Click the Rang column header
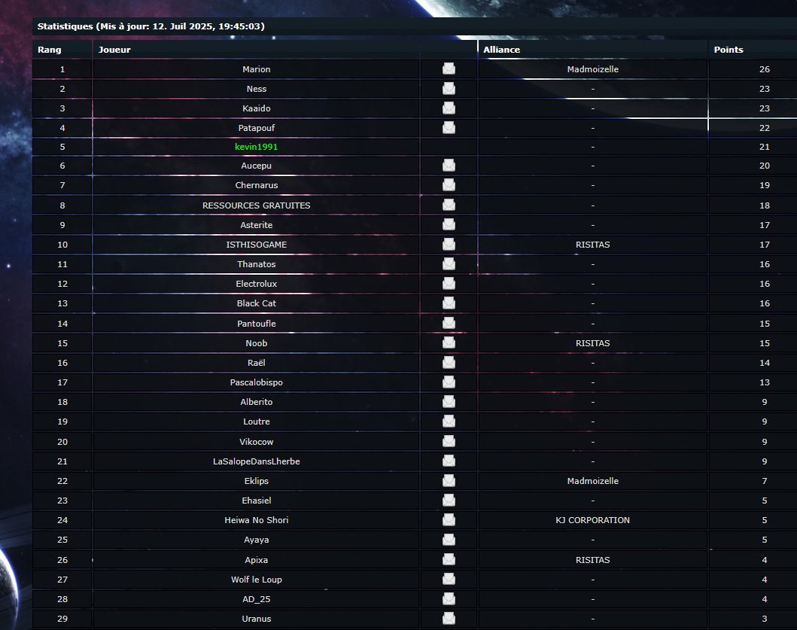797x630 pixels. point(50,50)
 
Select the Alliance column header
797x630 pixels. point(501,50)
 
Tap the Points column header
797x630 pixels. point(729,50)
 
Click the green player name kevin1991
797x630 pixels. point(257,147)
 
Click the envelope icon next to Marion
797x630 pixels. point(449,69)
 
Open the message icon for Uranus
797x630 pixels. point(449,619)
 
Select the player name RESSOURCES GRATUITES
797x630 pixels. point(257,205)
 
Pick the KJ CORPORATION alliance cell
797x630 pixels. point(592,520)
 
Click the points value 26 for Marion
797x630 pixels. point(765,69)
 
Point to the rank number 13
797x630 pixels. point(62,303)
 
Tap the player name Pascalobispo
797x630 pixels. point(257,382)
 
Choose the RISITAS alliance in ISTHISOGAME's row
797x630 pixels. point(592,245)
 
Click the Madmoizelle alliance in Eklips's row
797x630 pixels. point(592,481)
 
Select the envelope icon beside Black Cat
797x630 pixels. point(449,303)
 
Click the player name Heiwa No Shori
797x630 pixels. point(257,520)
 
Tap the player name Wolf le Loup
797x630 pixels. point(257,580)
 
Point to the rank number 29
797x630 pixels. point(62,619)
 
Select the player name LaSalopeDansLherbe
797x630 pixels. point(257,461)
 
